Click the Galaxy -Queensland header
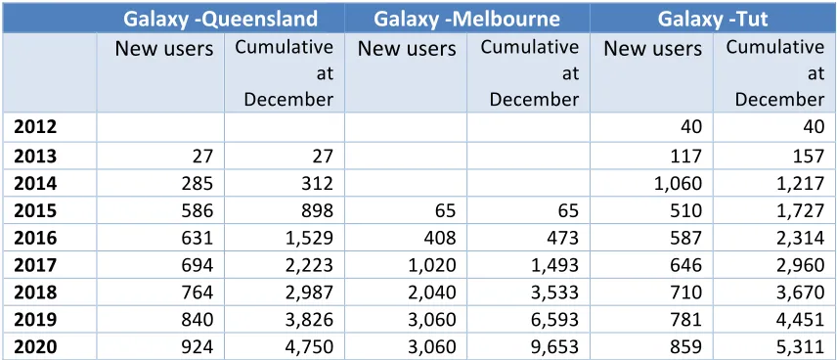coord(220,20)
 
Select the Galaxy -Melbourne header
coord(467,20)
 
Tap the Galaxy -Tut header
coord(713,20)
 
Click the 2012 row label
coord(35,127)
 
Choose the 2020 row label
coord(35,346)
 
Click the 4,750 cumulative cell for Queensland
coord(311,346)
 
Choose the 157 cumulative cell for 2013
coord(809,156)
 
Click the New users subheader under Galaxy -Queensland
coord(164,49)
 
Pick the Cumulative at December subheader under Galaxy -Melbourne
coord(530,73)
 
